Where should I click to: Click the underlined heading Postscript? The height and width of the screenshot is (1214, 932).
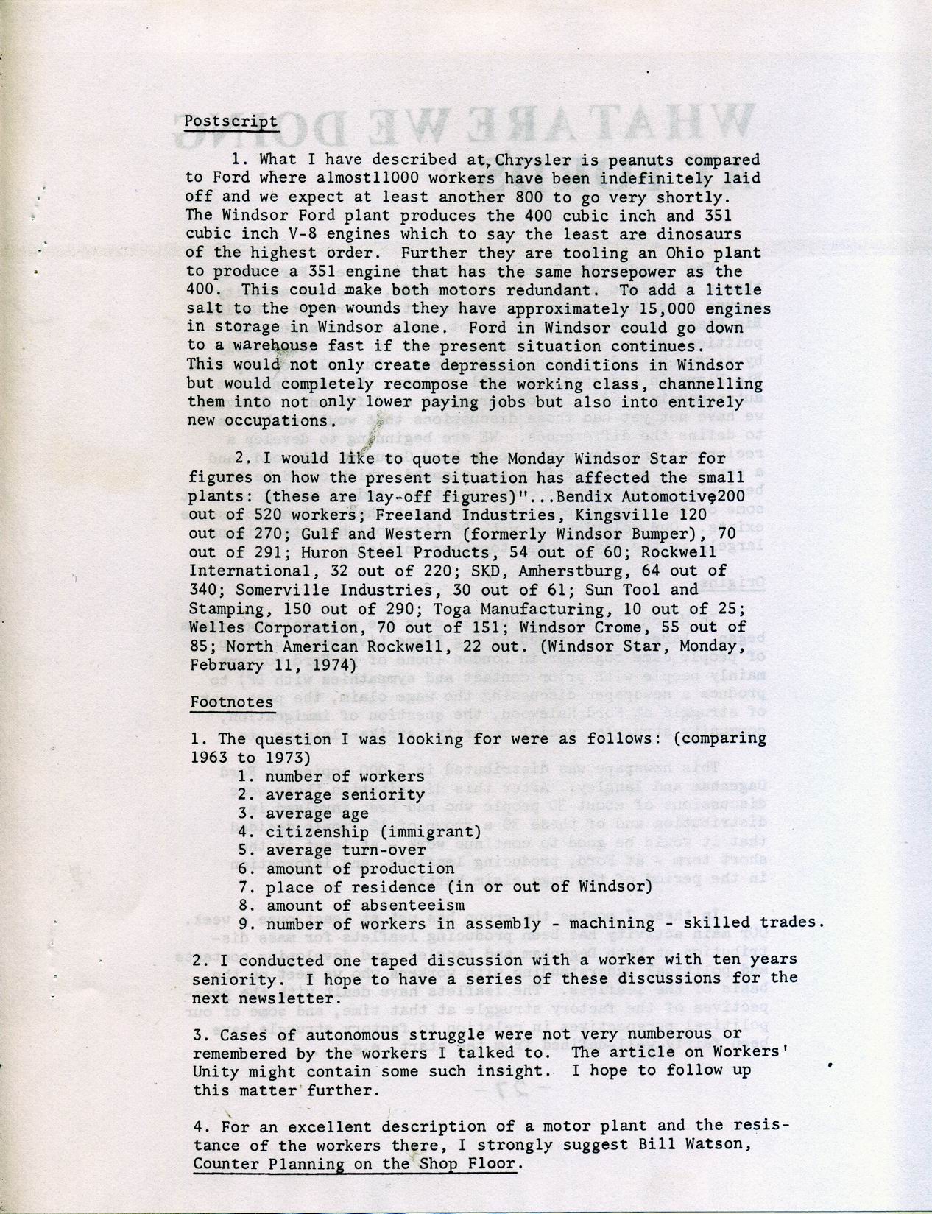click(x=230, y=121)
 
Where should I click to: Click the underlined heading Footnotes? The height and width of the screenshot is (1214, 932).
click(x=231, y=702)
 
